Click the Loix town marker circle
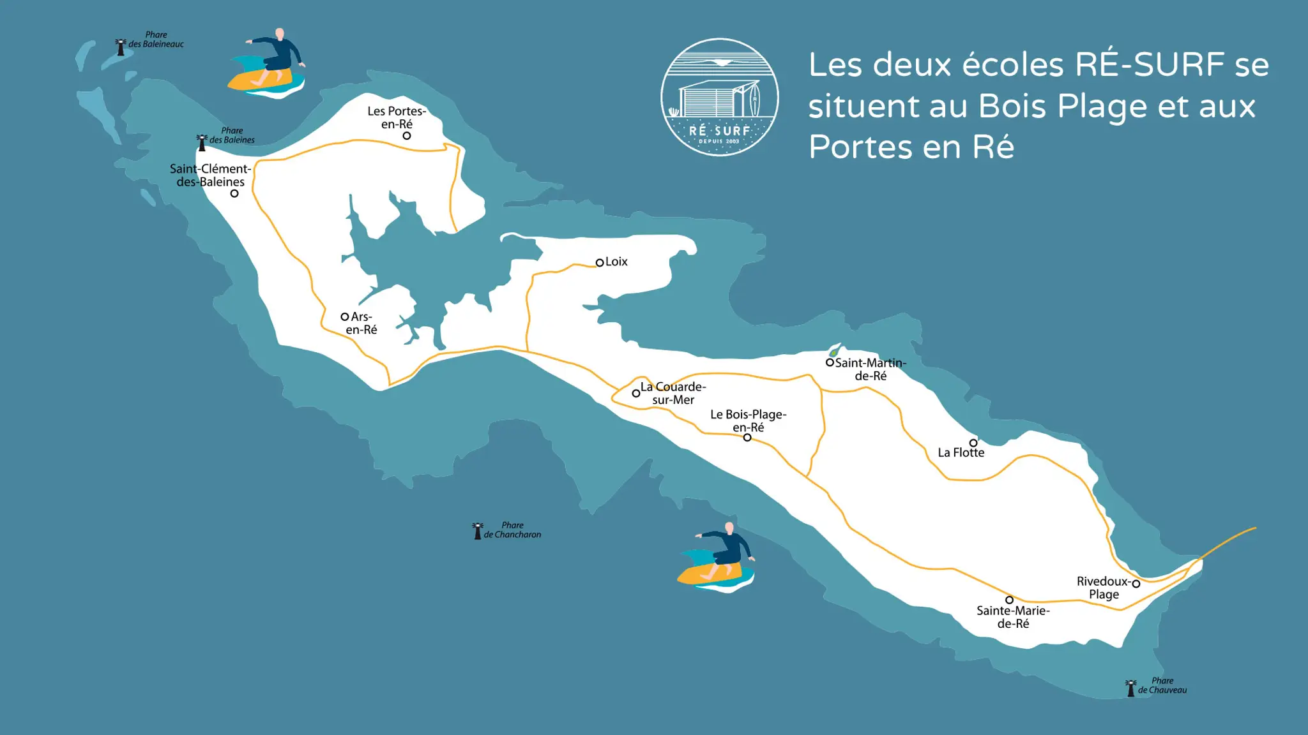click(x=600, y=262)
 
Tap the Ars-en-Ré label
click(x=361, y=323)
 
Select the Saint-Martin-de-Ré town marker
click(x=830, y=362)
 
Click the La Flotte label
click(x=961, y=452)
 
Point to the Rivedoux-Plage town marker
click(x=1136, y=583)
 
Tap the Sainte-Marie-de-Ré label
click(x=1013, y=617)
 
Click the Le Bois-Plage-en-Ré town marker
click(x=747, y=438)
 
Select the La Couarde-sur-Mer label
click(x=673, y=393)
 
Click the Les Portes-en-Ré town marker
click(x=407, y=136)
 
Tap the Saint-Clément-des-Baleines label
click(x=210, y=175)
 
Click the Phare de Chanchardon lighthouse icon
click(x=477, y=531)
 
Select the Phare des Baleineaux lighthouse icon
click(x=121, y=47)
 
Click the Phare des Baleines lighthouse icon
click(x=202, y=143)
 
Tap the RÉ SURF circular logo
click(x=720, y=97)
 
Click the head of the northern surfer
click(x=280, y=33)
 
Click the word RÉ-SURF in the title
click(x=1150, y=64)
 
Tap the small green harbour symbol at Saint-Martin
click(x=833, y=352)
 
